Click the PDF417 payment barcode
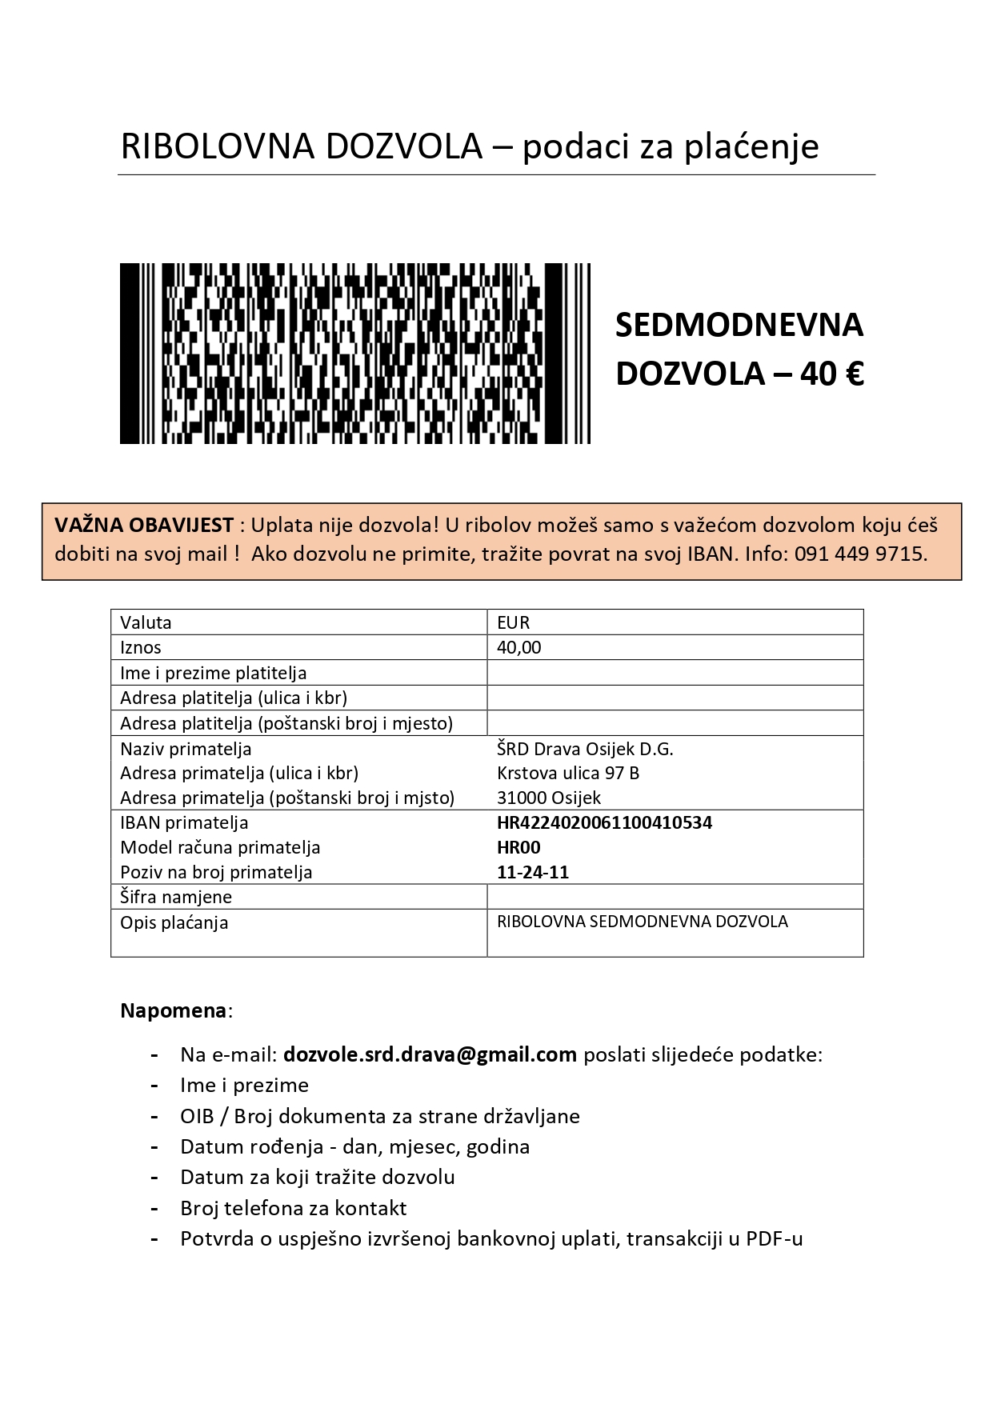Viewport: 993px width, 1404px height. click(354, 353)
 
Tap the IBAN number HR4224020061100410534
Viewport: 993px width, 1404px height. click(604, 822)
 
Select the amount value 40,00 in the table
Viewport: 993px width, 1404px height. click(519, 647)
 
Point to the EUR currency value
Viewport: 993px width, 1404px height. click(513, 622)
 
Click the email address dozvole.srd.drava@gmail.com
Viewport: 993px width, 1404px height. click(430, 1054)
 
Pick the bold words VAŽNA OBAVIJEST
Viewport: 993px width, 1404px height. click(144, 526)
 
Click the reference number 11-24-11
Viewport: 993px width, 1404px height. click(532, 872)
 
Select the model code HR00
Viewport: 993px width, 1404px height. click(519, 847)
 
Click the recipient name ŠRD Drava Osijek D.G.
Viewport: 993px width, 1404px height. click(585, 749)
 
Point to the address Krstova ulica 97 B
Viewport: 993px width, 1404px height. click(567, 773)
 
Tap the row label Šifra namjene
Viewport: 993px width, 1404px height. click(176, 897)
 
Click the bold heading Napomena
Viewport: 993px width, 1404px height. click(174, 1010)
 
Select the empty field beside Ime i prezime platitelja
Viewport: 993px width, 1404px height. click(675, 673)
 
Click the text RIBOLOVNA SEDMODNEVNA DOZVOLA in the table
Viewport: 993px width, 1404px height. click(642, 922)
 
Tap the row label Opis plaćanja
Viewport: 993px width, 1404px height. click(174, 922)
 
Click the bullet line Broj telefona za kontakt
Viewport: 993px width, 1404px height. click(293, 1207)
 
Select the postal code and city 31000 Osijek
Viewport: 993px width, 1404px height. click(548, 798)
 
